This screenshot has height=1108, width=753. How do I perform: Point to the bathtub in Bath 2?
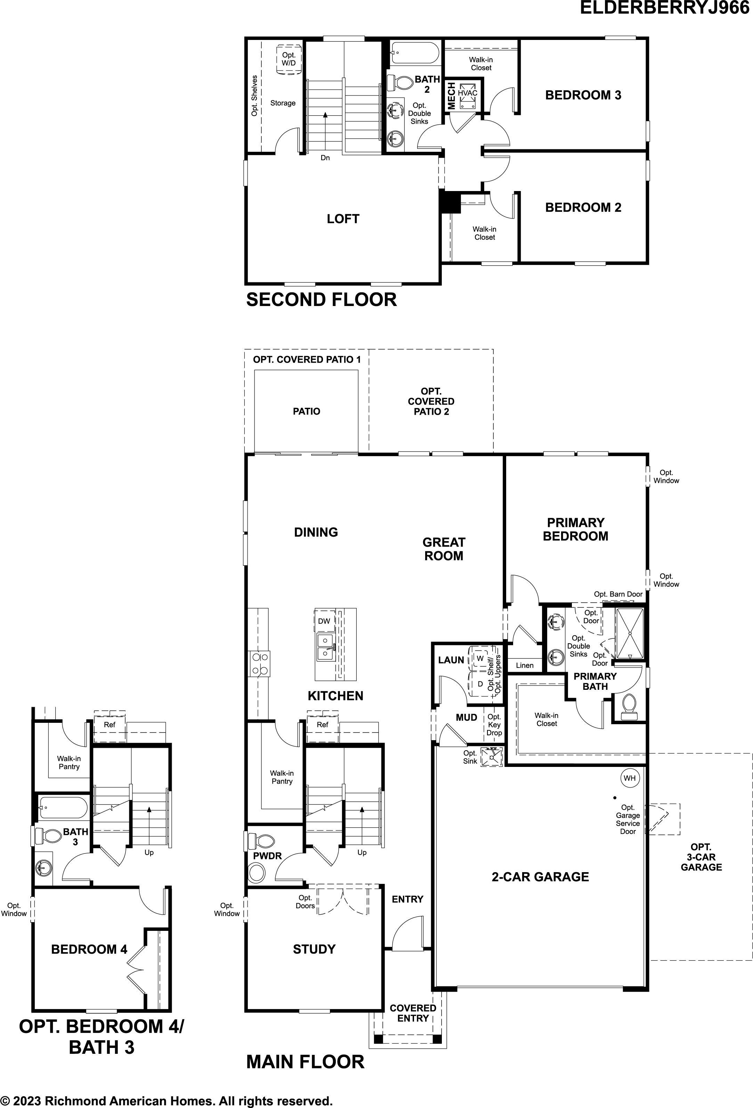tap(414, 53)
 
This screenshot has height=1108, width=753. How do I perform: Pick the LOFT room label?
tap(343, 219)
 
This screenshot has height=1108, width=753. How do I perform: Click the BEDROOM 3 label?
tap(583, 95)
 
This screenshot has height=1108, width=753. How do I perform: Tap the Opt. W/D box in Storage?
tap(289, 59)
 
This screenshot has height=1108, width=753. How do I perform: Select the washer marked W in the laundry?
tap(480, 659)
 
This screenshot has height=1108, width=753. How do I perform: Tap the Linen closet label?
tap(525, 665)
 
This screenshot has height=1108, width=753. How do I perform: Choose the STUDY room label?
tap(314, 949)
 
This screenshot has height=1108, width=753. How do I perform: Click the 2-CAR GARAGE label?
tap(540, 877)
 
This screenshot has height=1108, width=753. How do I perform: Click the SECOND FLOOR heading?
tap(321, 299)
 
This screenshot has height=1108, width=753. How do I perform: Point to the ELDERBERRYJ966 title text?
tap(665, 8)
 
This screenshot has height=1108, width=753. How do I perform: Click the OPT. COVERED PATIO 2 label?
tap(431, 402)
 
